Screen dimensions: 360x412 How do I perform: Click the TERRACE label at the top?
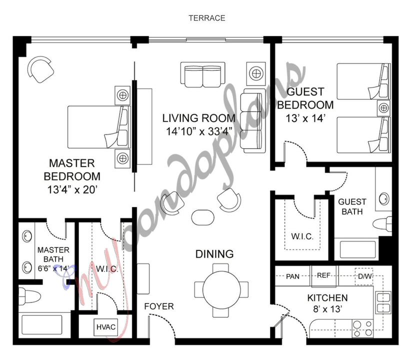[x=206, y=18]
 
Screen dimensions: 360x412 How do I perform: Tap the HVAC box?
[x=105, y=327]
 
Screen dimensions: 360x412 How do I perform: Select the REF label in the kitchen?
[x=324, y=275]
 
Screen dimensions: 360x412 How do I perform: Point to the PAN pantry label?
[x=292, y=276]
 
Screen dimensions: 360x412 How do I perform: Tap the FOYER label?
[x=159, y=306]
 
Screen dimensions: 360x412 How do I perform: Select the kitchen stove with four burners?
[x=362, y=328]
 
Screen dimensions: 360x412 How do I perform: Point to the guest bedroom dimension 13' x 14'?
[x=305, y=118]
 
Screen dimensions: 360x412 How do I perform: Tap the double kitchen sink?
[x=383, y=302]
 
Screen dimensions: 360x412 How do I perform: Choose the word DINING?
[x=214, y=254]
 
